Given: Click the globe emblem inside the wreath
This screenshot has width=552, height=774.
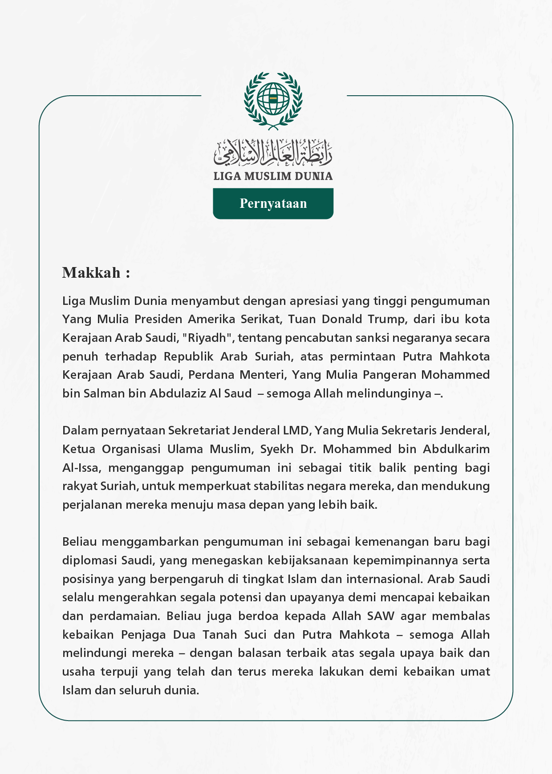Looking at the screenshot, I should [273, 98].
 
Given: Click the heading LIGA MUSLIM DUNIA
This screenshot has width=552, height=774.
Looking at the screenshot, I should [273, 176].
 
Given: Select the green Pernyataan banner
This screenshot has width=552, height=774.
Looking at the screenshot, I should [273, 203].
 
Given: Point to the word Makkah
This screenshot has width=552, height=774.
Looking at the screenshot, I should [91, 272].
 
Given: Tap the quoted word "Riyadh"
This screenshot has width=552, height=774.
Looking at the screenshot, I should [208, 338].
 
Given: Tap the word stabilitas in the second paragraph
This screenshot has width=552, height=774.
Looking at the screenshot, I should [282, 486].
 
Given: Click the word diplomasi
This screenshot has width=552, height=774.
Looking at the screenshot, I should [89, 560].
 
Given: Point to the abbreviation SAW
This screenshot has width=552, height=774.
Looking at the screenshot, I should [381, 616].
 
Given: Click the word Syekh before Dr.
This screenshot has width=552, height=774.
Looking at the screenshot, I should [276, 449].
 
